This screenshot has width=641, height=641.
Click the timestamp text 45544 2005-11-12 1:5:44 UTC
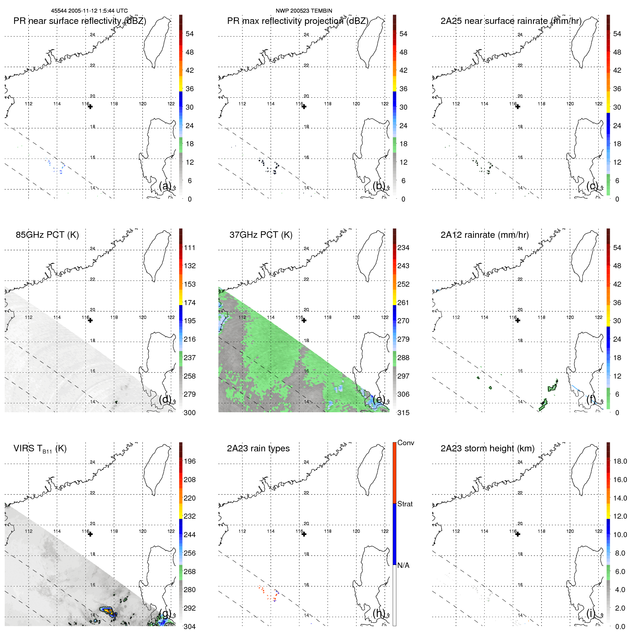(89, 11)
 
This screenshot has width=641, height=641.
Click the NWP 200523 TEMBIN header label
(304, 11)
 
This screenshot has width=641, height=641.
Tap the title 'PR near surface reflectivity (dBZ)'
(80, 21)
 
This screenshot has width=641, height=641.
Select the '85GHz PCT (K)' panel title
(47, 235)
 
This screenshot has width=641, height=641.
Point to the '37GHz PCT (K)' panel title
(261, 235)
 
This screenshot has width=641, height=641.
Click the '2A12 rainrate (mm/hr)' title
(484, 235)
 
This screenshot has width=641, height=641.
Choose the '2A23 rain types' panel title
(258, 448)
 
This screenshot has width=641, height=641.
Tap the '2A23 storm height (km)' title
(487, 448)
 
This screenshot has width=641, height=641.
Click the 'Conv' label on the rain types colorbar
(405, 443)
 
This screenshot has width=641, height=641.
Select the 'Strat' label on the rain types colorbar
(405, 504)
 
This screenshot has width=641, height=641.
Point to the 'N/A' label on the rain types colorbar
(403, 565)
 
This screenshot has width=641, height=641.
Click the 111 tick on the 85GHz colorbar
(190, 248)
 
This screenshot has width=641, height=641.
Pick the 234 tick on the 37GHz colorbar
(403, 248)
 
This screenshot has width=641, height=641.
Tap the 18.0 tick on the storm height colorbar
(620, 461)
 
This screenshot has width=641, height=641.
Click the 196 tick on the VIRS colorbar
(190, 461)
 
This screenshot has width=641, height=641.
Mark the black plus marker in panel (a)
(90, 107)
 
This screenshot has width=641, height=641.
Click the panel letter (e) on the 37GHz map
(379, 399)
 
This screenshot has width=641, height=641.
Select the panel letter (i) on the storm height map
(590, 613)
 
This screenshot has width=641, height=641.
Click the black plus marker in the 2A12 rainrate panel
(518, 320)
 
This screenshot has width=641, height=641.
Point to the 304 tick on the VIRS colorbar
(190, 627)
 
